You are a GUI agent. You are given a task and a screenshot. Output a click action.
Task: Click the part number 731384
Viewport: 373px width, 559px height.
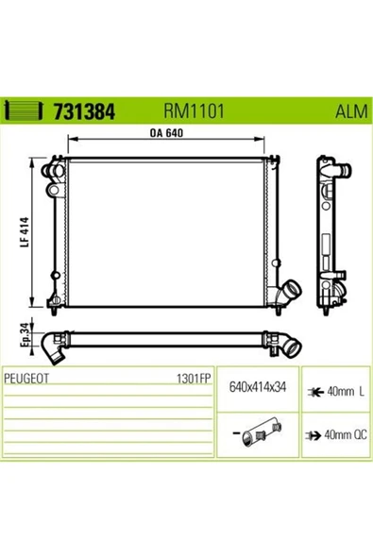click(x=84, y=111)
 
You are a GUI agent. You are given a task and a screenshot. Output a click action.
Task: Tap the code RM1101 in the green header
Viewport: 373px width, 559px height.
click(x=194, y=110)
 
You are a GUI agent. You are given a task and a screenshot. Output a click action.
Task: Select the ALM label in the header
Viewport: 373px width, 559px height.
click(x=351, y=111)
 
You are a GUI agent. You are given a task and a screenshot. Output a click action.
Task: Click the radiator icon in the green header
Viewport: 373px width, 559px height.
click(x=23, y=110)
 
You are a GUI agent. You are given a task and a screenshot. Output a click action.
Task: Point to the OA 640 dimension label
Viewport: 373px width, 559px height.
click(x=166, y=132)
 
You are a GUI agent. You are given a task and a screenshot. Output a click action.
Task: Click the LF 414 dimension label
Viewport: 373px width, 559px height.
click(x=25, y=232)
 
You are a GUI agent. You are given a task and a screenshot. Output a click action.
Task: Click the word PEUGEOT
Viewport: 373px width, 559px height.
click(x=26, y=379)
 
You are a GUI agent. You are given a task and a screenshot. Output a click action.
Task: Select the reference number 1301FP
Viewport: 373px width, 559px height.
click(x=194, y=379)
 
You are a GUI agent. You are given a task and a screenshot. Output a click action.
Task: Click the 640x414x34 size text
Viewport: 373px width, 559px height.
click(x=258, y=387)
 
